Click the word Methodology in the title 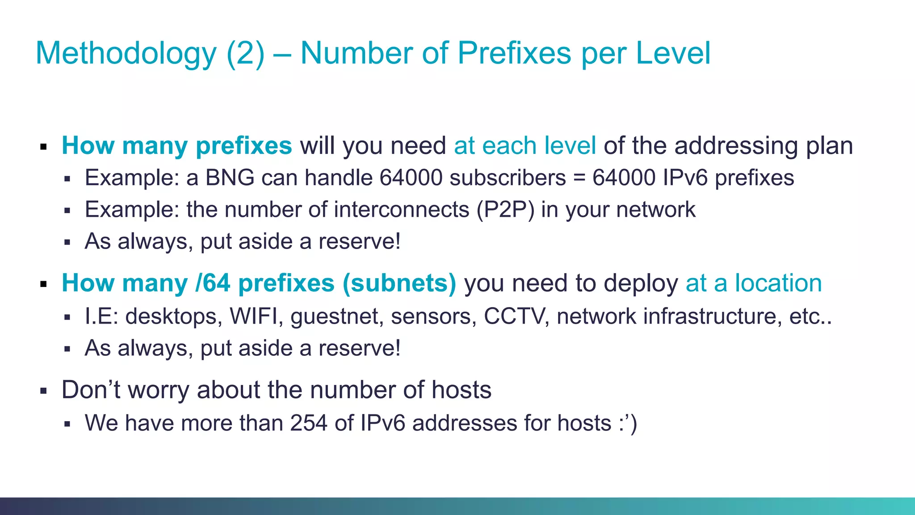[x=126, y=54]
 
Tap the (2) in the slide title [x=245, y=54]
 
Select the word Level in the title [x=673, y=53]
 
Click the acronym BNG [x=230, y=177]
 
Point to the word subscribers [x=508, y=177]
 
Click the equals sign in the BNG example [x=579, y=178]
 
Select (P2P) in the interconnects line [x=505, y=210]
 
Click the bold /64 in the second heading [x=213, y=283]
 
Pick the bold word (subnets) [x=399, y=283]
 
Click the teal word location [x=778, y=283]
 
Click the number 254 [x=308, y=423]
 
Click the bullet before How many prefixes [x=43, y=147]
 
